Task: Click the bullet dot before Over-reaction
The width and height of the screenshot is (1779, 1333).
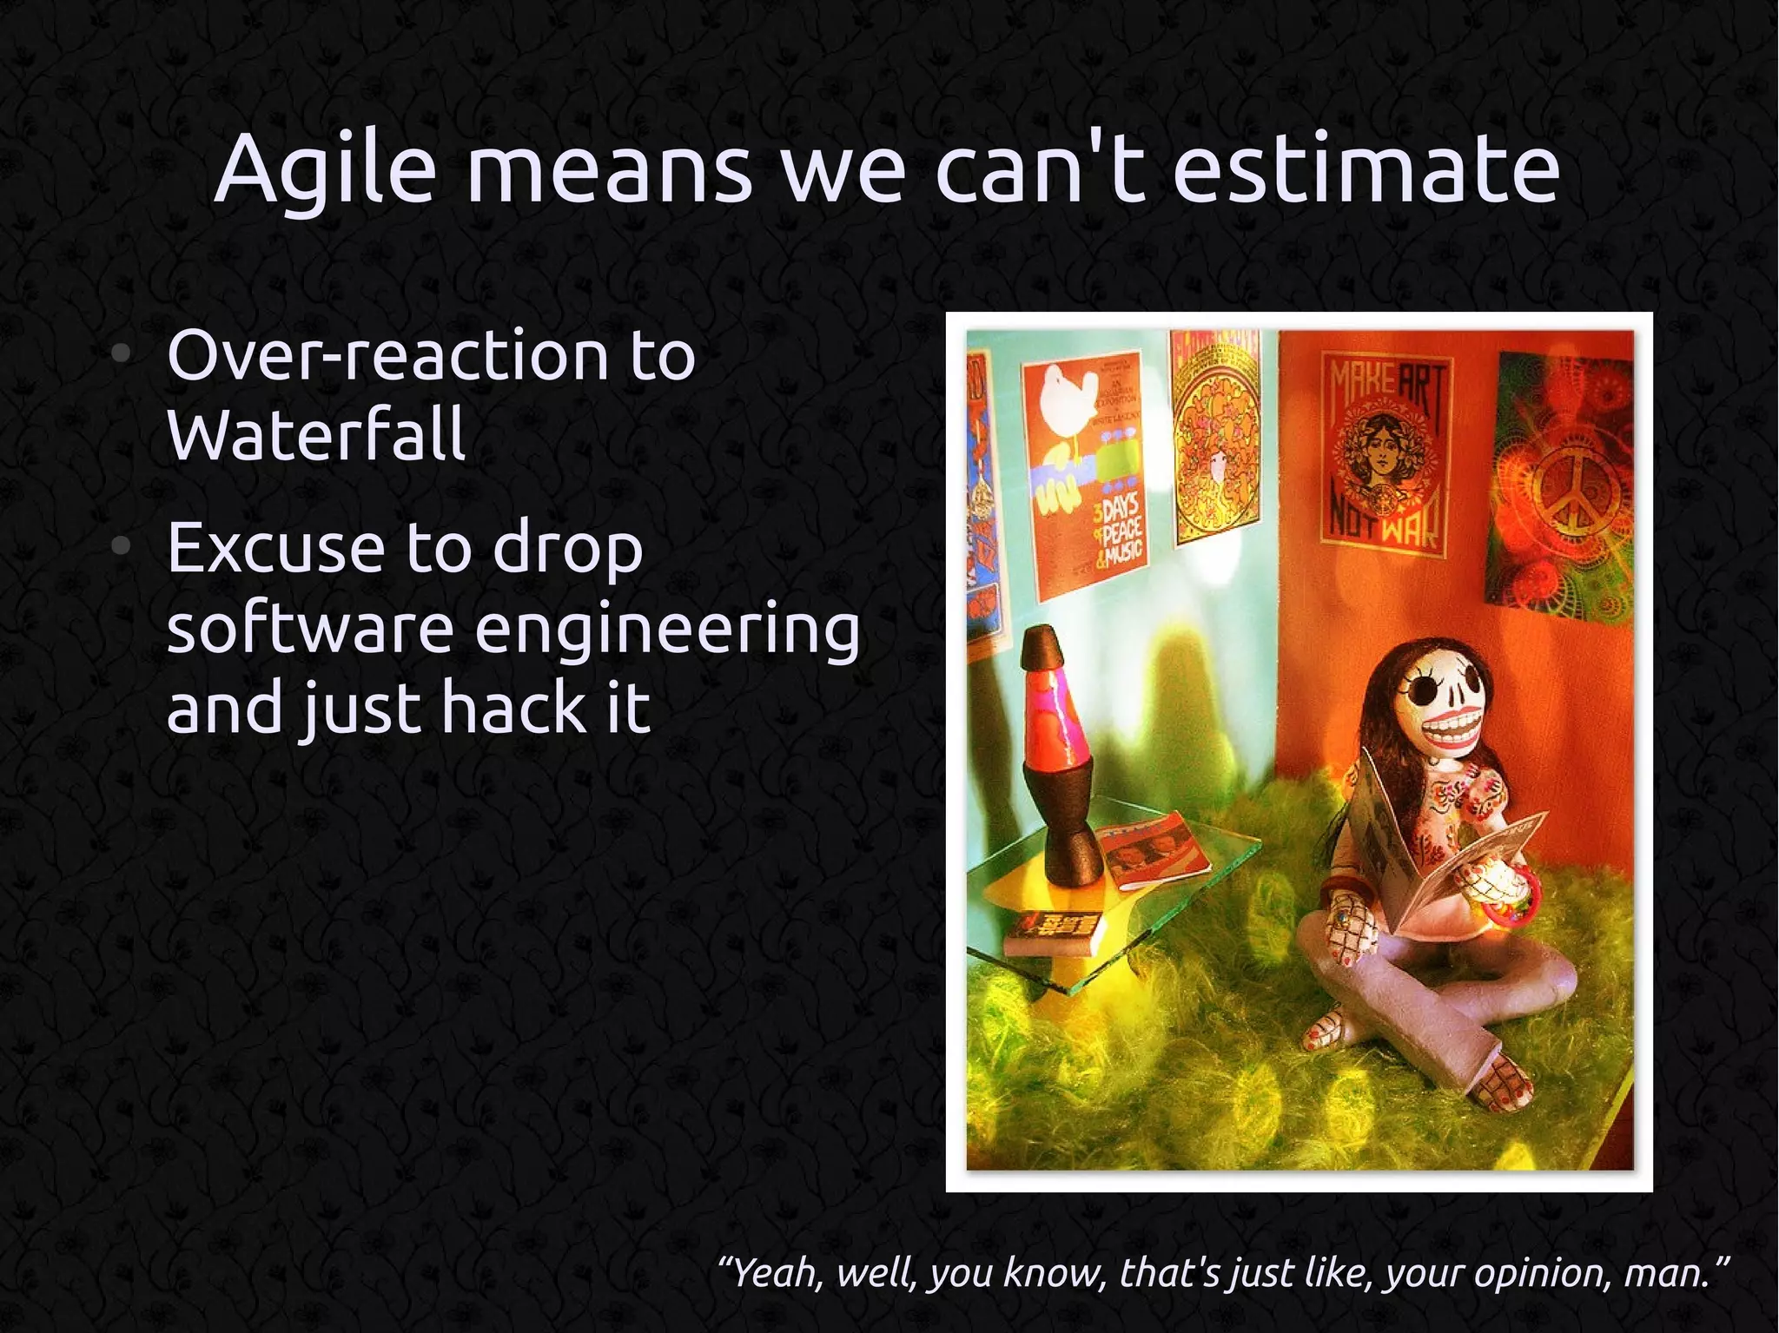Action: coord(122,353)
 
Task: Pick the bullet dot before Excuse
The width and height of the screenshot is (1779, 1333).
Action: coord(122,546)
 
